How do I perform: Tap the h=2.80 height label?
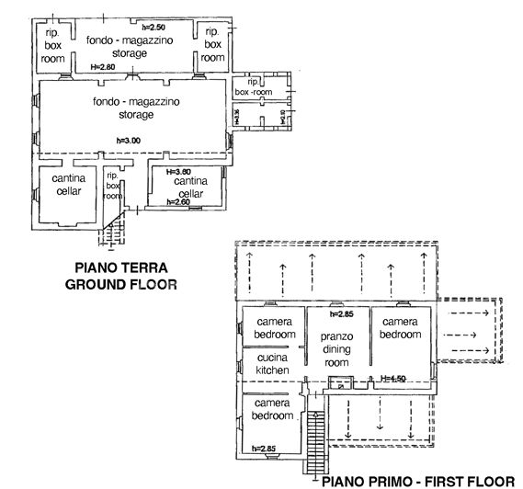[103, 68]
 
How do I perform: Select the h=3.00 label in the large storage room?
[129, 140]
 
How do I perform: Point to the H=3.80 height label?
[179, 172]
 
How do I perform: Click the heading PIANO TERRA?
[120, 270]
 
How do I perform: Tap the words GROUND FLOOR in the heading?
[120, 285]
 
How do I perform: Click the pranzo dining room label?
[337, 349]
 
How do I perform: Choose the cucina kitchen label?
[272, 363]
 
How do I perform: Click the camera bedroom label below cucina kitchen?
[273, 409]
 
